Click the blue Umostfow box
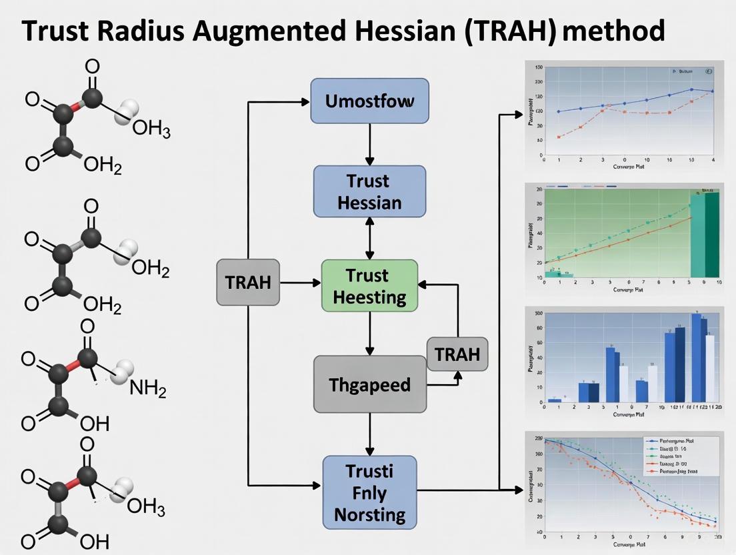click(369, 101)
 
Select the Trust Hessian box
click(369, 191)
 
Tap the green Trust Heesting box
click(369, 286)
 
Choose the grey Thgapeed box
click(369, 384)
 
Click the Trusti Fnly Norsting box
click(369, 493)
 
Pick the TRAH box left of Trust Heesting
click(248, 282)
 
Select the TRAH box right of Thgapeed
click(457, 354)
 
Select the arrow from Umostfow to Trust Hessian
click(369, 144)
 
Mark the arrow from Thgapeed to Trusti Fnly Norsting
click(369, 434)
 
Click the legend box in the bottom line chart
click(680, 456)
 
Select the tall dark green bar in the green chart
click(711, 234)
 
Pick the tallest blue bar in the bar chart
click(696, 358)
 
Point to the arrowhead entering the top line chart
click(518, 115)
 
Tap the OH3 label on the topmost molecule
click(151, 129)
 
